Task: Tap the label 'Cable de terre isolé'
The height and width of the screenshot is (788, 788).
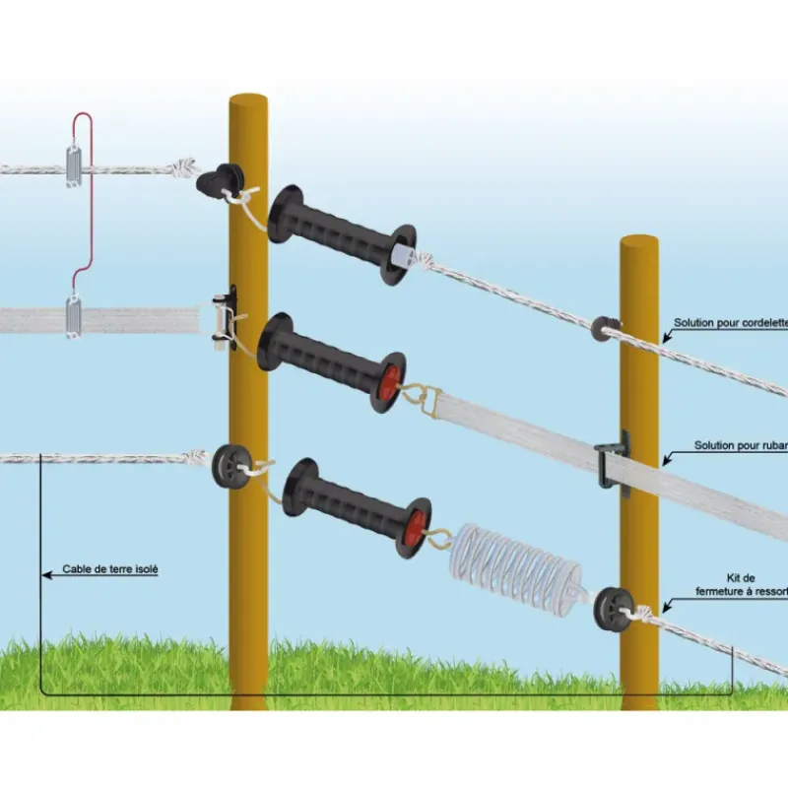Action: [109, 569]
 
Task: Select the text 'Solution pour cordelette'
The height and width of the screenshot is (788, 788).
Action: [730, 323]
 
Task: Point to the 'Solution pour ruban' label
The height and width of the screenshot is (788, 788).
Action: [740, 445]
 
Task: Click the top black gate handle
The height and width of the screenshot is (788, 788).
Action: [341, 234]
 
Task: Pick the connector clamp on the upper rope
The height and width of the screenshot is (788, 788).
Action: [75, 164]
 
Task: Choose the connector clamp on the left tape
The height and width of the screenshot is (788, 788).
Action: [74, 317]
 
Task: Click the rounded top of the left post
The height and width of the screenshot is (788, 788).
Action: [248, 101]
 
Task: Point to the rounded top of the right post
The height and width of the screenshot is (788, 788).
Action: [639, 242]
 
